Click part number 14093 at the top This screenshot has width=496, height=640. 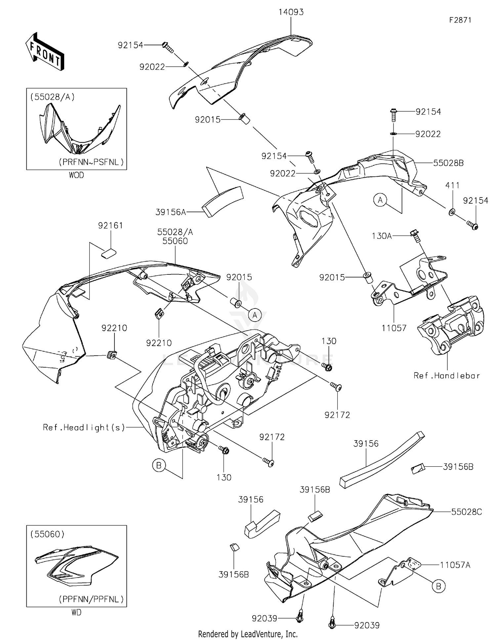tap(291, 12)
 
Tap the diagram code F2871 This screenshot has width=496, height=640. tap(460, 20)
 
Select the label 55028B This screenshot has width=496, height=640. tap(448, 163)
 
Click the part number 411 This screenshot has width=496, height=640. tap(452, 186)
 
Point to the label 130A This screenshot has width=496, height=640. tap(382, 236)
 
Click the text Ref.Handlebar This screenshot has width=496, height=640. tap(446, 375)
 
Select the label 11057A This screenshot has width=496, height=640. tap(455, 565)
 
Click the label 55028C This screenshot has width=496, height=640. tap(467, 512)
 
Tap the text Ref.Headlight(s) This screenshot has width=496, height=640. tap(84, 427)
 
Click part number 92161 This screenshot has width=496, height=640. tap(110, 226)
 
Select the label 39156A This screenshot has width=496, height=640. tap(171, 212)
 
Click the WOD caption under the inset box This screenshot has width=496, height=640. tap(76, 175)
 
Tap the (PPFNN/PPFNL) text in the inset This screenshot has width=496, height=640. tap(91, 599)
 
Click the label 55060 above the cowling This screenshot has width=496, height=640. tap(175, 241)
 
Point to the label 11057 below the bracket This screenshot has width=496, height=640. tap(394, 328)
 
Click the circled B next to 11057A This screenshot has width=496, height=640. tap(438, 586)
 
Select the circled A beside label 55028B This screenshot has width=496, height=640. tap(380, 200)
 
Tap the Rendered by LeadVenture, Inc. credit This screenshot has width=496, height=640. tap(248, 634)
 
